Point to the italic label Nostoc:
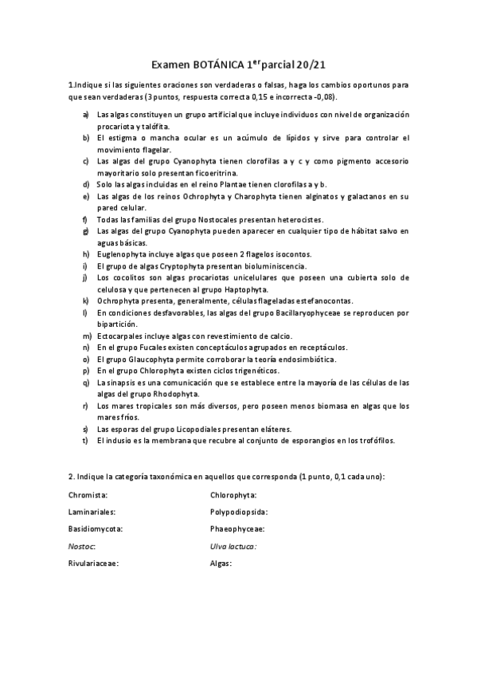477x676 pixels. click(x=82, y=546)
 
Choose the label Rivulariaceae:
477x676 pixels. click(x=94, y=564)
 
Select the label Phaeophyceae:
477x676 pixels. click(x=237, y=529)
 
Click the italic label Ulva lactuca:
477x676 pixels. click(x=233, y=546)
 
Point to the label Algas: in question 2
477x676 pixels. click(x=221, y=564)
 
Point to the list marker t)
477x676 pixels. click(x=85, y=440)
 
